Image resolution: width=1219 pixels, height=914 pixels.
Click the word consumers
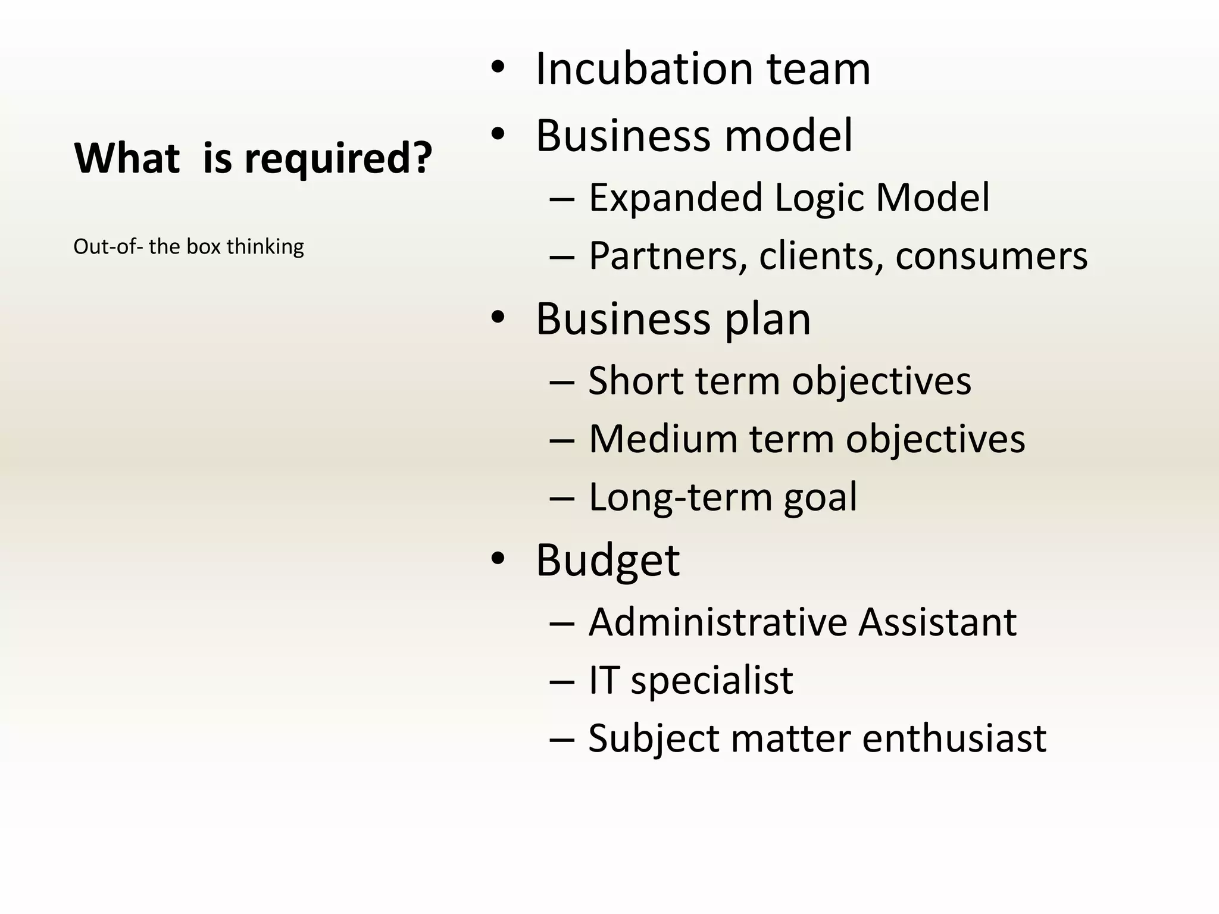(991, 256)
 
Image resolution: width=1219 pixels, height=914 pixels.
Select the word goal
(820, 497)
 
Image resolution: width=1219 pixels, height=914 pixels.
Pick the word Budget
(607, 560)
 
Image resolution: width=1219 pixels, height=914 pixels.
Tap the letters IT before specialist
(603, 680)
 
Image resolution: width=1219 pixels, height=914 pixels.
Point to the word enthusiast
(954, 738)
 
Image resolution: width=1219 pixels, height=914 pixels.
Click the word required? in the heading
(337, 159)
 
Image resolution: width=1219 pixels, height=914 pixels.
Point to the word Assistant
(937, 622)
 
